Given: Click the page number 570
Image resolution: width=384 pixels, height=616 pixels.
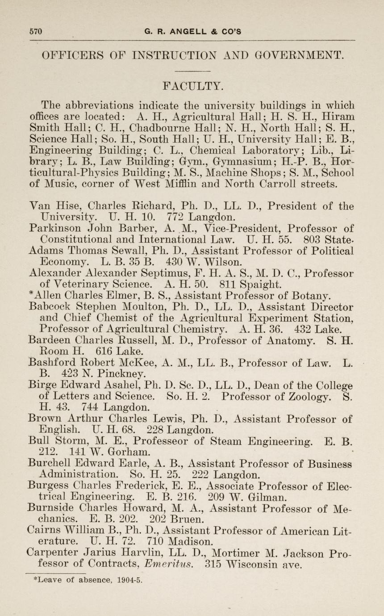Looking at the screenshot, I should tap(35, 32).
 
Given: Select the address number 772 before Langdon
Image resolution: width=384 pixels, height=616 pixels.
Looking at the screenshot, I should tap(174, 218).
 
